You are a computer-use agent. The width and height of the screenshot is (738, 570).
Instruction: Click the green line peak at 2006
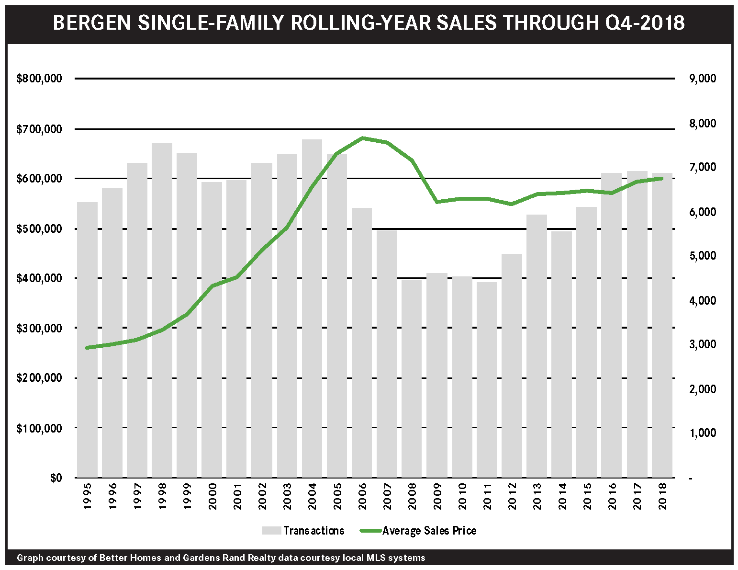pyautogui.click(x=362, y=138)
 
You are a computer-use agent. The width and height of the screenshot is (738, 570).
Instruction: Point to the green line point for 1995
pyautogui.click(x=87, y=348)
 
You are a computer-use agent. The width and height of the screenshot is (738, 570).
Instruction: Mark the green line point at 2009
pyautogui.click(x=437, y=202)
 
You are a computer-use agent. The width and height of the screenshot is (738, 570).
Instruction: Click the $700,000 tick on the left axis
pyautogui.click(x=39, y=129)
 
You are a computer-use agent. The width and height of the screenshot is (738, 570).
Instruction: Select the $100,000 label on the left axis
pyautogui.click(x=39, y=428)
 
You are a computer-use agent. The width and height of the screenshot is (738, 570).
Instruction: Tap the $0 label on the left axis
pyautogui.click(x=56, y=478)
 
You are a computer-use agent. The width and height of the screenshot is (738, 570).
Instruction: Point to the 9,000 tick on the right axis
pyautogui.click(x=702, y=79)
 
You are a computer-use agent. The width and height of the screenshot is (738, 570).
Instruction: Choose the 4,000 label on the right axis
pyautogui.click(x=702, y=300)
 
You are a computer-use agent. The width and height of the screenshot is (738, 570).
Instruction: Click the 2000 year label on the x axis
pyautogui.click(x=212, y=496)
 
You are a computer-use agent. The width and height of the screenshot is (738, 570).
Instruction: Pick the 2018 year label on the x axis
pyautogui.click(x=662, y=496)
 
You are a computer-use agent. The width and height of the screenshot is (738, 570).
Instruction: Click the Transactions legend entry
pyautogui.click(x=313, y=531)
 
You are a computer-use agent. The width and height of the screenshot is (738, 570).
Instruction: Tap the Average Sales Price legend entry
pyautogui.click(x=429, y=531)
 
